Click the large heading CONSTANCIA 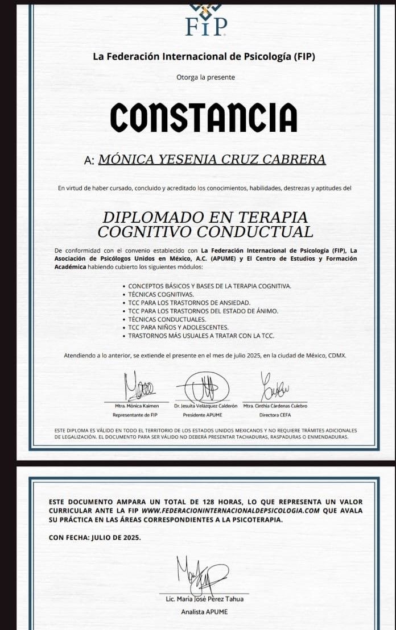204,118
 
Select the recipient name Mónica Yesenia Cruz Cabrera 212,160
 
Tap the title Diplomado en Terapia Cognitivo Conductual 205,224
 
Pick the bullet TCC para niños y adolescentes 178,327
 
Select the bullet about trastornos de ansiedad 189,303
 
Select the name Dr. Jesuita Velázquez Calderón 206,406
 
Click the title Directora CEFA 275,415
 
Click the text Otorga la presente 205,77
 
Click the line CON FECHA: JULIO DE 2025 95,537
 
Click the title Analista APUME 204,611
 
